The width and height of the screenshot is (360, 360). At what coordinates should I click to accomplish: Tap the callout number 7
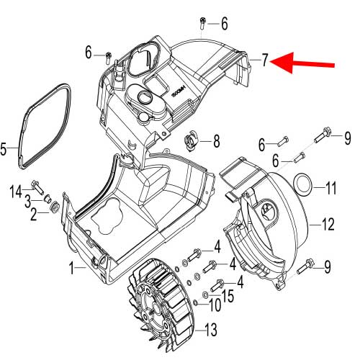[x=265, y=60]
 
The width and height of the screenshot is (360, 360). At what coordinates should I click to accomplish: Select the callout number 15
[x=228, y=294]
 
